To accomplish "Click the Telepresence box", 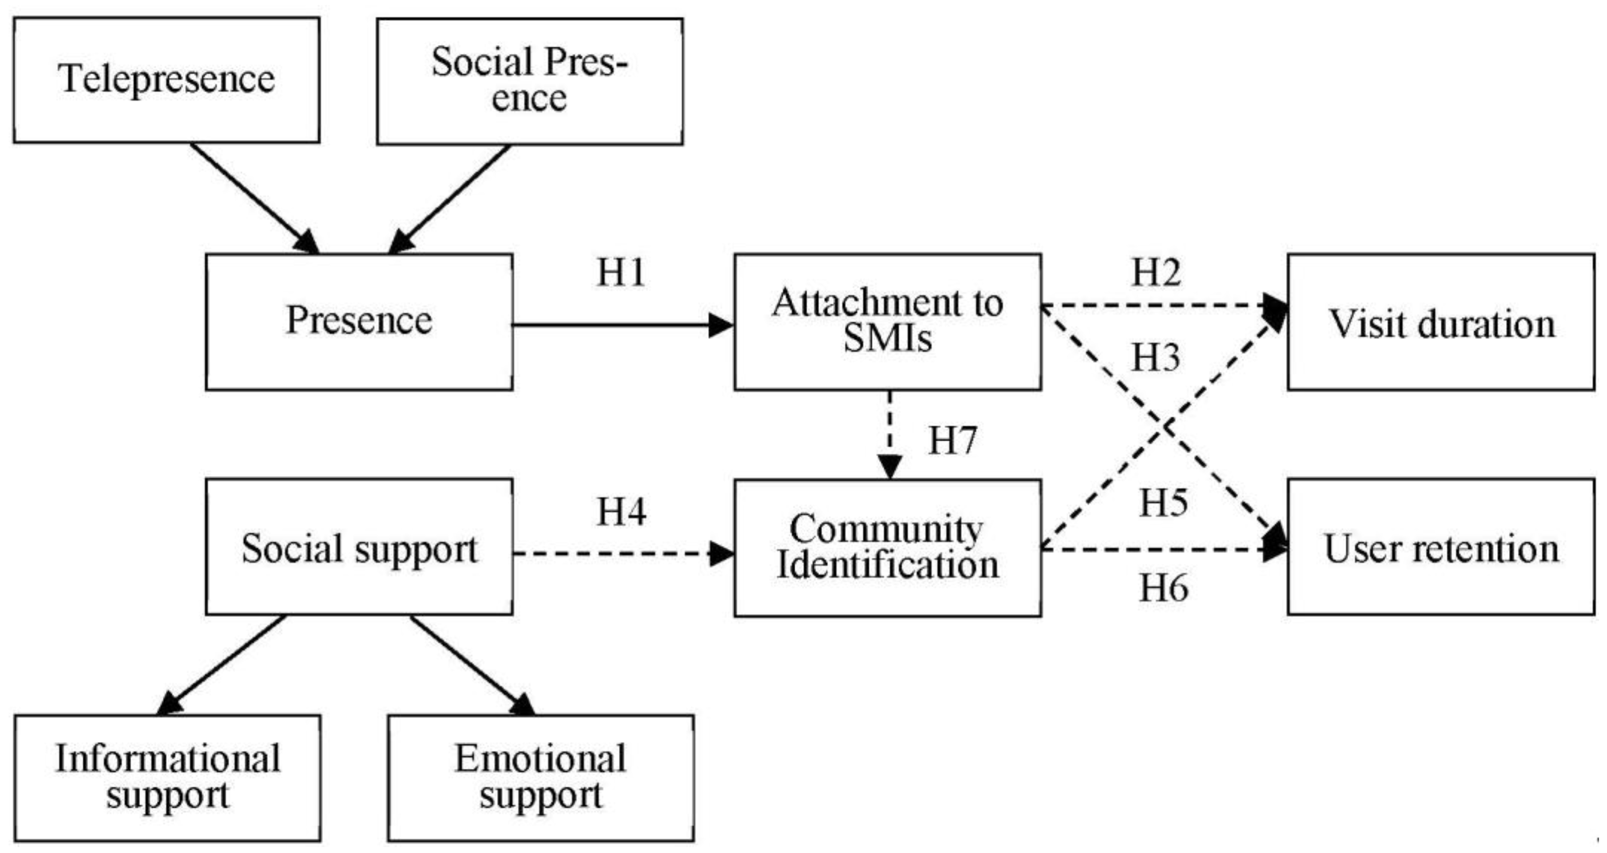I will [167, 80].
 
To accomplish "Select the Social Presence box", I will [530, 81].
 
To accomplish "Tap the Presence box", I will [359, 322].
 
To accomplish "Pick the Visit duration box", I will [1441, 322].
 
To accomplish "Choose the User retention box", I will [1441, 547].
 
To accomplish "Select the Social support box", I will [359, 547].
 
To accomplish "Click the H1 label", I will [621, 273].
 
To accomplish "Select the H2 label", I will [1156, 273].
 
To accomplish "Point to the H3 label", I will [1156, 358].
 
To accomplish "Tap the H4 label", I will [621, 513].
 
